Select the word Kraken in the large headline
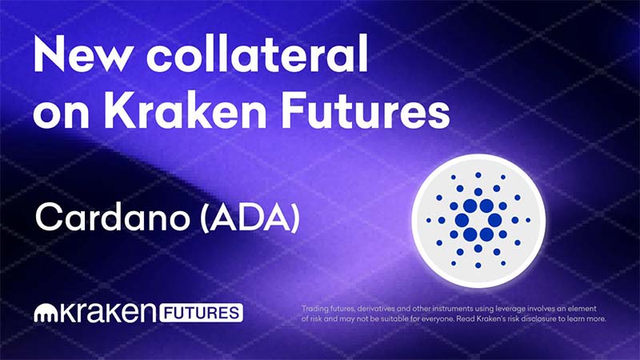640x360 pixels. click(x=185, y=110)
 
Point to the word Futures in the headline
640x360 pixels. click(x=366, y=110)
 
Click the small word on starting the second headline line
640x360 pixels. click(x=62, y=114)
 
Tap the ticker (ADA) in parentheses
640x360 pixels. click(x=250, y=218)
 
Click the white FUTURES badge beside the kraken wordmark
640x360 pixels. click(x=202, y=313)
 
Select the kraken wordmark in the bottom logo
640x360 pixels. click(x=110, y=313)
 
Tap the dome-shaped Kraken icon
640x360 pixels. click(x=47, y=314)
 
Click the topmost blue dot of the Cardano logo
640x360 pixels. click(x=478, y=175)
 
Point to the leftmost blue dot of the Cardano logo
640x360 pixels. click(x=429, y=221)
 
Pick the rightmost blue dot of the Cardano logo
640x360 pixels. click(x=528, y=221)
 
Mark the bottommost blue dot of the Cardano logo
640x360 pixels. click(x=478, y=266)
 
